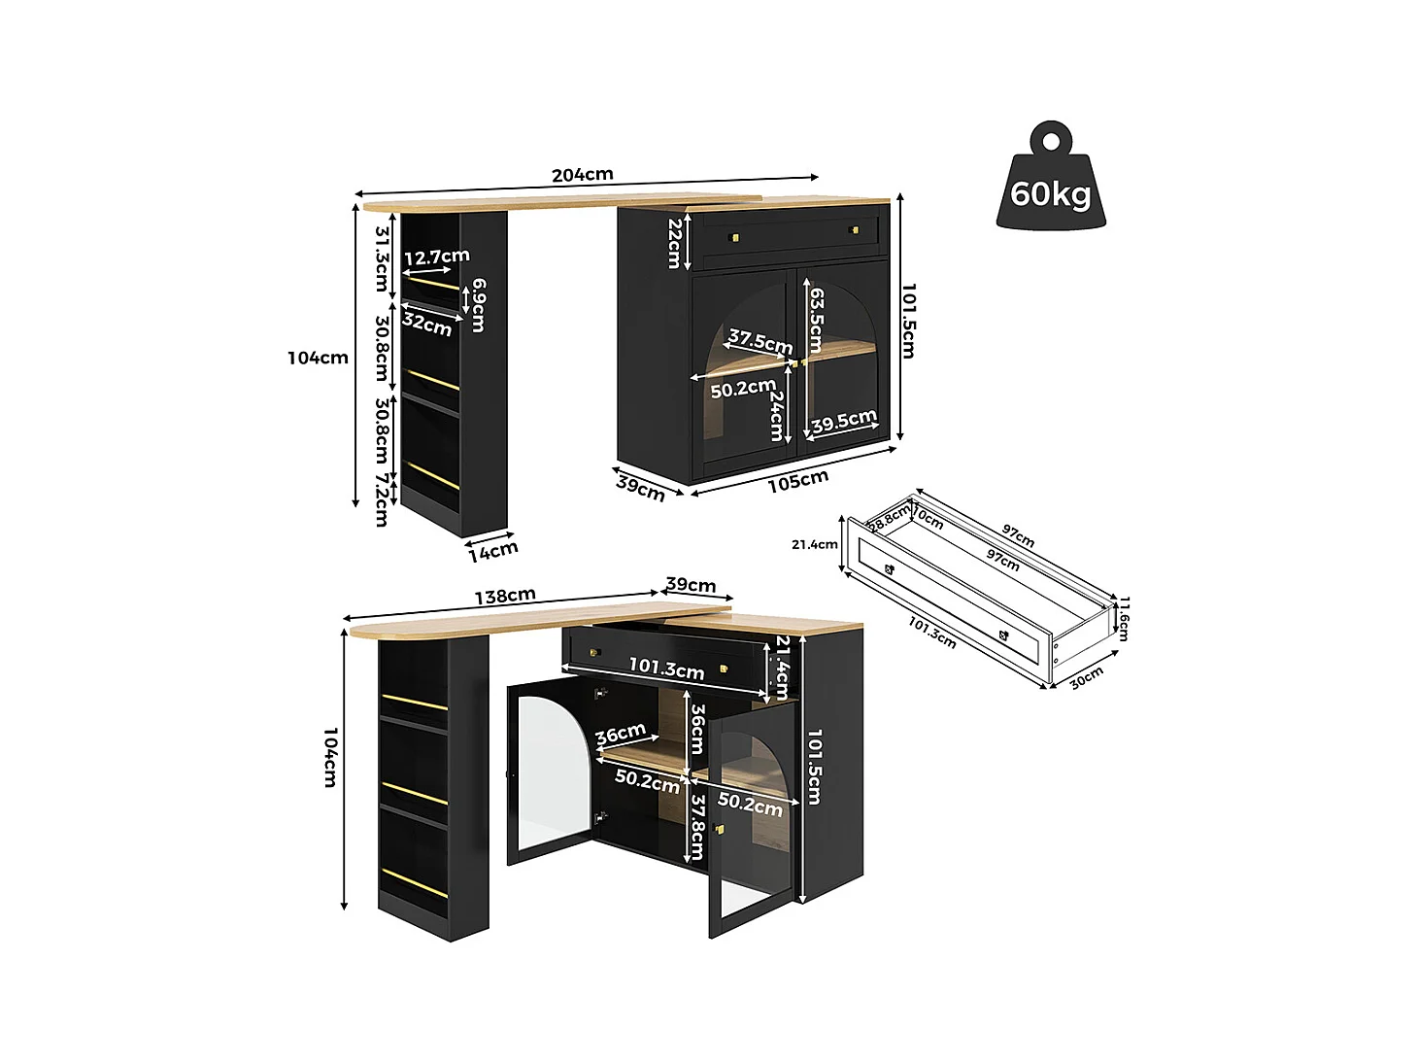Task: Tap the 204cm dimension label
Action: click(582, 175)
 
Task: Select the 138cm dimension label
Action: click(505, 595)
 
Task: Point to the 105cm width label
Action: click(797, 481)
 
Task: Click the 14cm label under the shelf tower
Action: click(493, 552)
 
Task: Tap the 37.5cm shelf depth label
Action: click(760, 340)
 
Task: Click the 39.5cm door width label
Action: click(844, 421)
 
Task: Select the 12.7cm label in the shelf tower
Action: click(437, 257)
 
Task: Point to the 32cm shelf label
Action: click(427, 325)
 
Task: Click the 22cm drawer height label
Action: click(675, 244)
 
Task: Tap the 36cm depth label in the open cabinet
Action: click(621, 734)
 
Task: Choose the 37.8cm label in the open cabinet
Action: click(696, 828)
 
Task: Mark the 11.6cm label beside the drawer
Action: click(1123, 618)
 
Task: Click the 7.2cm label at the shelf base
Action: click(383, 500)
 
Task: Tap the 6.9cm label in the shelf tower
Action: click(478, 305)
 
